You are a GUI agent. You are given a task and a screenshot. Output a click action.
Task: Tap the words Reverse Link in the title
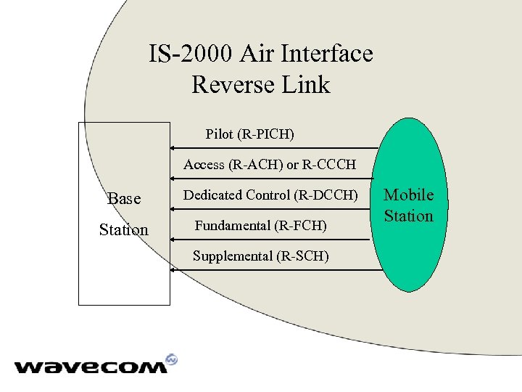(x=260, y=84)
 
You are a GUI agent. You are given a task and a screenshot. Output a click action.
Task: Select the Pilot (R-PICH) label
(x=250, y=134)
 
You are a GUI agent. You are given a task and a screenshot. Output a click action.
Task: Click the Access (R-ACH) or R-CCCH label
(x=270, y=165)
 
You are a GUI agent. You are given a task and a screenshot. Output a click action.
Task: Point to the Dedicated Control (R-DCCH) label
(x=270, y=195)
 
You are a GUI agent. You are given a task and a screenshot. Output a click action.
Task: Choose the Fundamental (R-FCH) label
(x=260, y=226)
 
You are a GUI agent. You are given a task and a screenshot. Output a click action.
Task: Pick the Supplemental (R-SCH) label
(x=260, y=256)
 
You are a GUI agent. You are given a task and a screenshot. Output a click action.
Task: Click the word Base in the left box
(x=124, y=198)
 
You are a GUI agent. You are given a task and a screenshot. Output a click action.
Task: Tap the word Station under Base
(x=124, y=230)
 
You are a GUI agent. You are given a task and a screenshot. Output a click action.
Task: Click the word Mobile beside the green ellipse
(x=409, y=195)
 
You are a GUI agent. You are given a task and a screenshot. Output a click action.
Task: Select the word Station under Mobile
(x=409, y=216)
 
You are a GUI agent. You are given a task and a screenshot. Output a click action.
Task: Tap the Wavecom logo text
(x=91, y=367)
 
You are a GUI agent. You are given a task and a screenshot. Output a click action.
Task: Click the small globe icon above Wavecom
(x=171, y=359)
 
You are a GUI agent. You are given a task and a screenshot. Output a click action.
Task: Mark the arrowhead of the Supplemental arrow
(x=173, y=270)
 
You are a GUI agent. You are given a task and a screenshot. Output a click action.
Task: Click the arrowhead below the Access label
(x=173, y=179)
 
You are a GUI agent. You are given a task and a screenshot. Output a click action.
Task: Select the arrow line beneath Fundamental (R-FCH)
(x=275, y=240)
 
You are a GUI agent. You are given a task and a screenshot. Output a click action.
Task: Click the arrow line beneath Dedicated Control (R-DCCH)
(x=275, y=209)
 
